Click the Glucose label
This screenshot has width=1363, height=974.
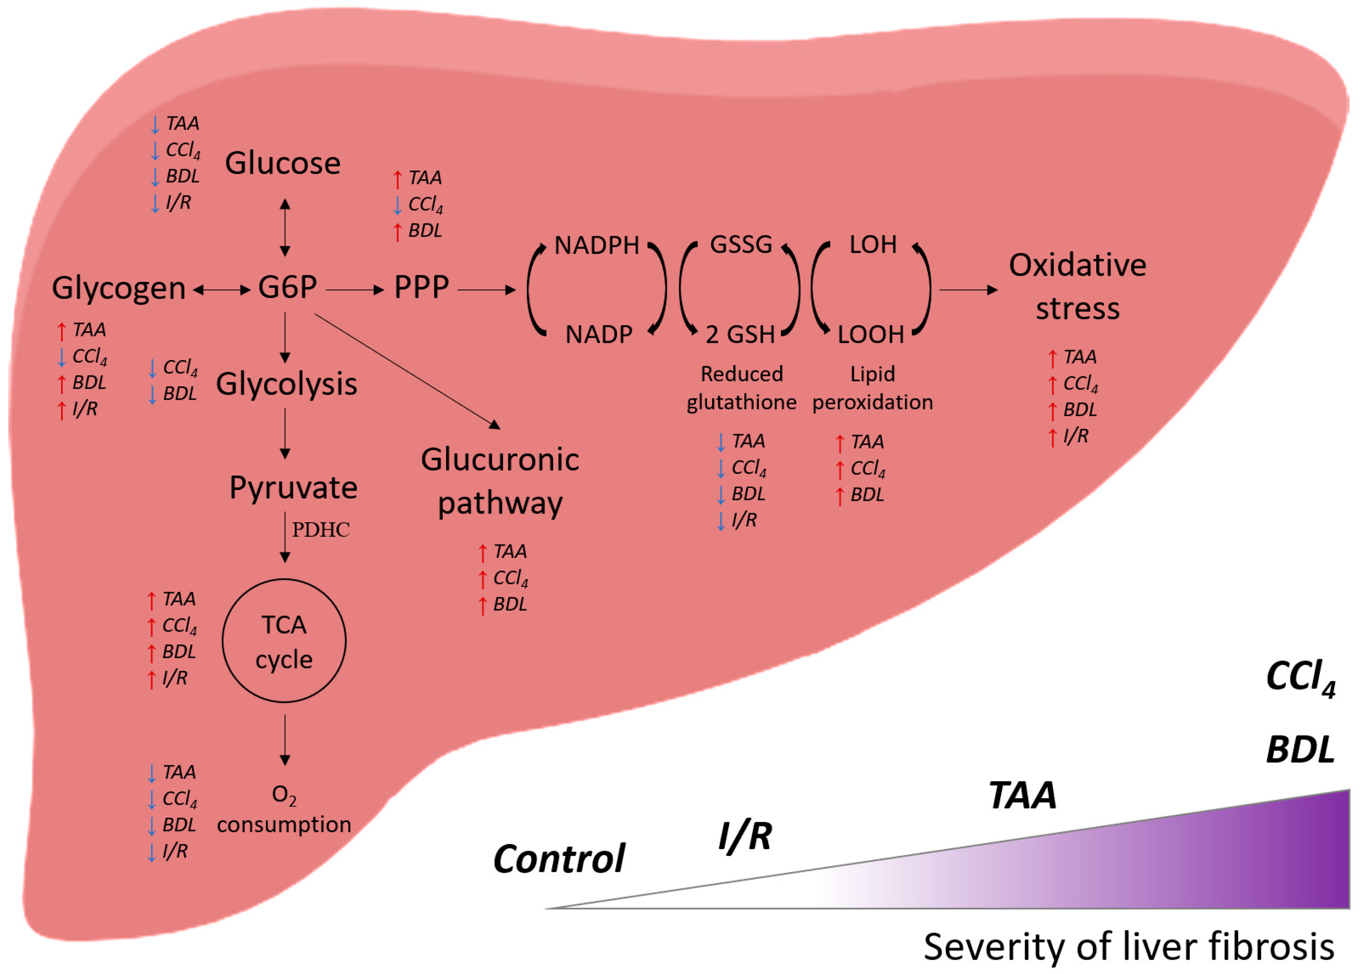[x=283, y=163]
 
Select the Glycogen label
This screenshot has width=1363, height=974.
[x=119, y=288]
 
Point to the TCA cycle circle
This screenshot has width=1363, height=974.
[x=284, y=641]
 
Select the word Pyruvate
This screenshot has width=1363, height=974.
[x=293, y=487]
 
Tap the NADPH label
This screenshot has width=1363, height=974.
[x=596, y=245]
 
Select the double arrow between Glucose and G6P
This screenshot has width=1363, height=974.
[x=285, y=228]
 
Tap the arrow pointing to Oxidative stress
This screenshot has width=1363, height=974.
[x=968, y=290]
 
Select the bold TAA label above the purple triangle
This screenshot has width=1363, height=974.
[x=1022, y=796]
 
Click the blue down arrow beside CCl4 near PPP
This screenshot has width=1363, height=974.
[x=397, y=205]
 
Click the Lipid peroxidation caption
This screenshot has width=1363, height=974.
[x=872, y=388]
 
